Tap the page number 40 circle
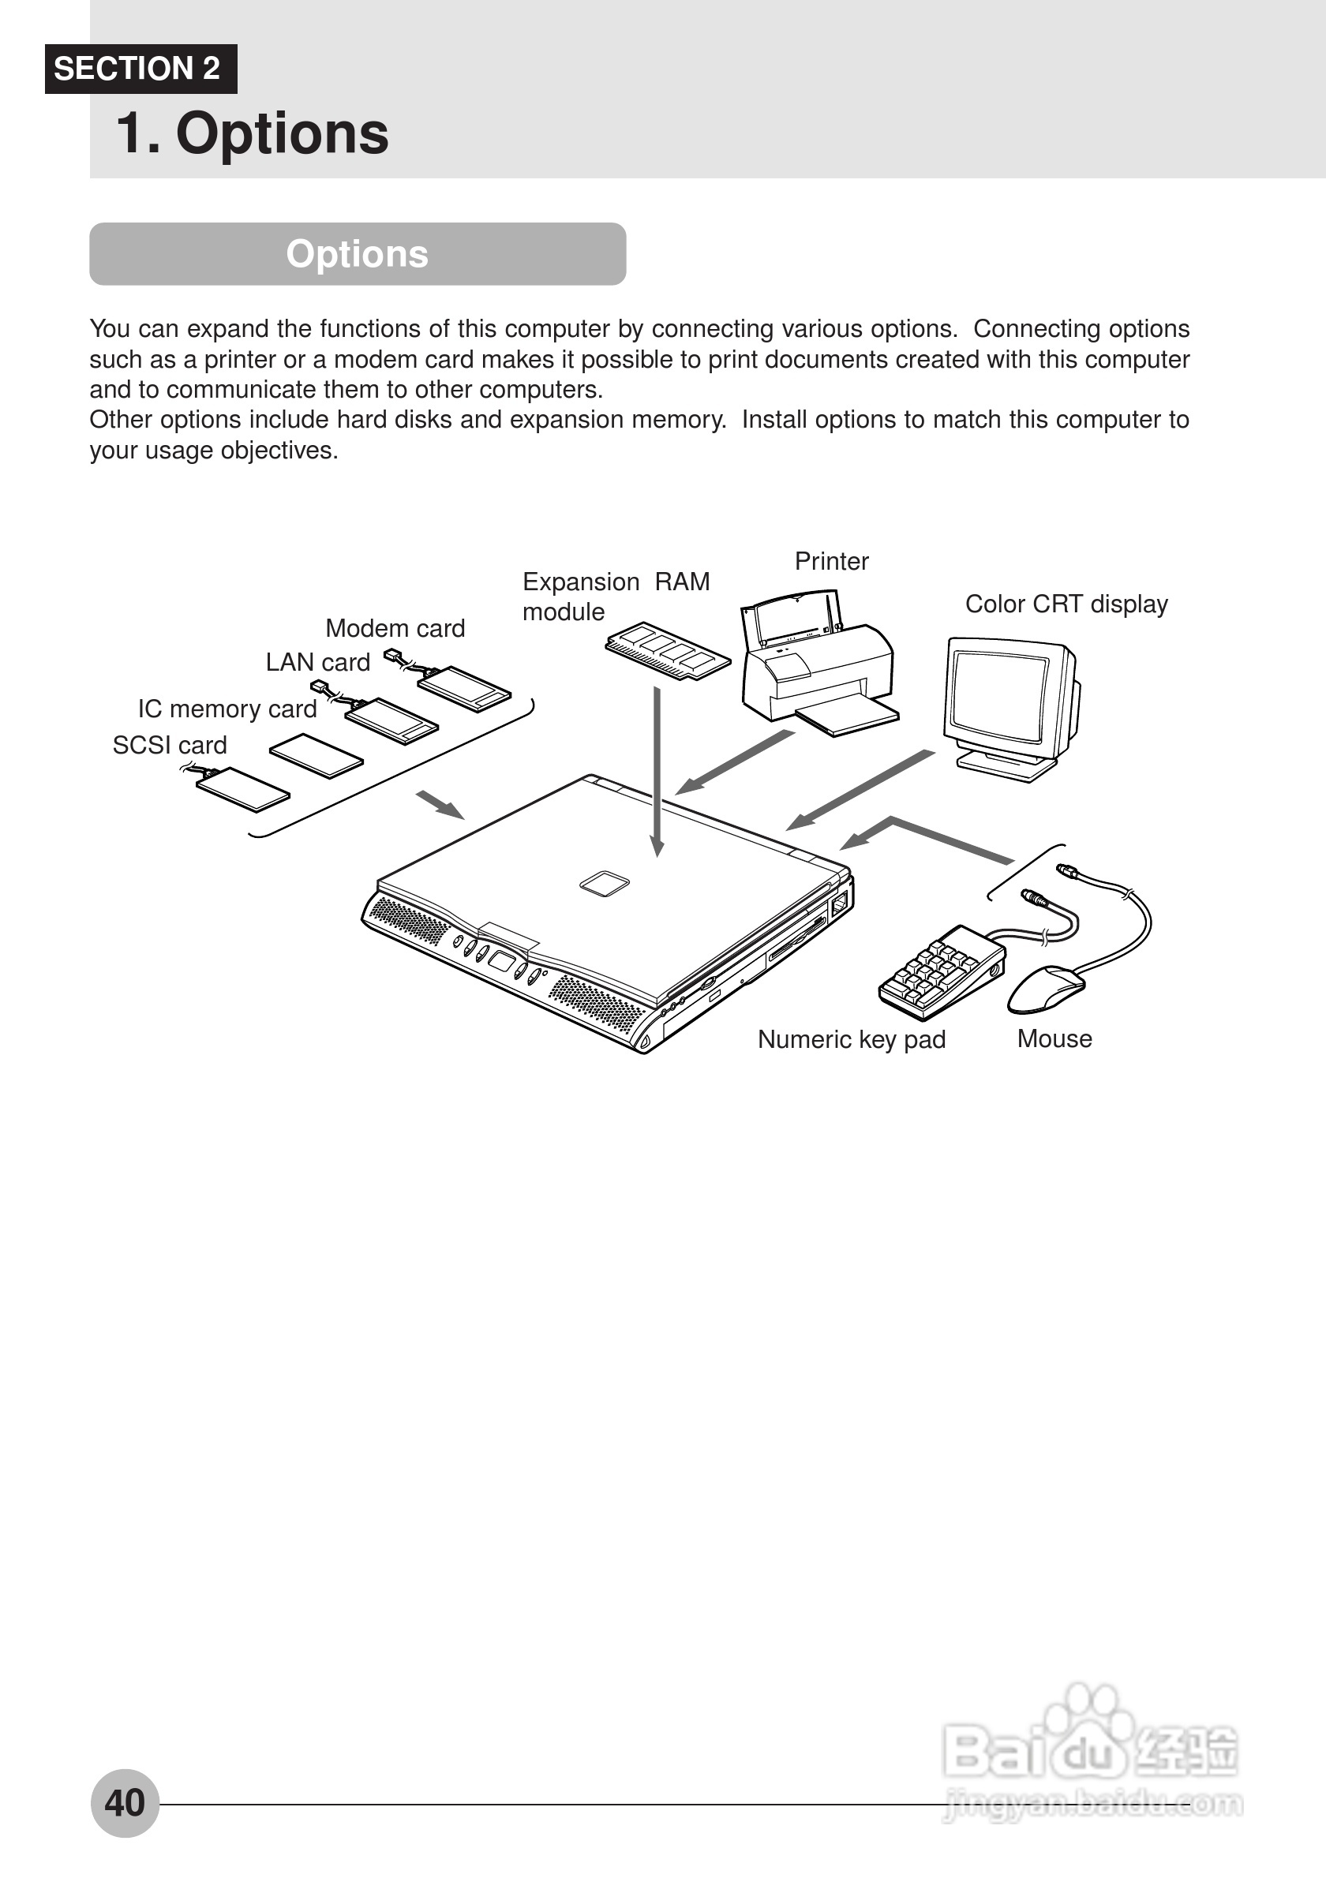tap(125, 1802)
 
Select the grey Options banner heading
tap(358, 253)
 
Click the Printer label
tap(831, 561)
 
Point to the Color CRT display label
tap(1066, 604)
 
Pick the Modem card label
tap(395, 628)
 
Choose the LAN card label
tap(317, 662)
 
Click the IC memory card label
tap(227, 709)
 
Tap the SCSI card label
tap(170, 745)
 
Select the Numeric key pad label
tap(851, 1038)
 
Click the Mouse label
tap(1054, 1038)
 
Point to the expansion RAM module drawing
tap(668, 650)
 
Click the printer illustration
tap(818, 667)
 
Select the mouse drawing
tap(1047, 987)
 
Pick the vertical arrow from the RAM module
tap(657, 769)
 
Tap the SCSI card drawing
tap(243, 788)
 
